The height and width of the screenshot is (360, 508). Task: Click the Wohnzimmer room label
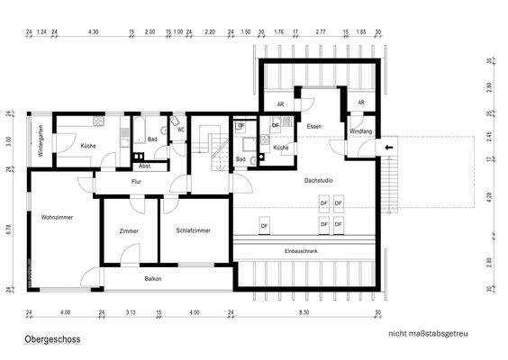(57, 218)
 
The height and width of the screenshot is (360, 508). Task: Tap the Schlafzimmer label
(194, 231)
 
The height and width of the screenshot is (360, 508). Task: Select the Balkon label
(153, 279)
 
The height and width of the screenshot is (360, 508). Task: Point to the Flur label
(137, 181)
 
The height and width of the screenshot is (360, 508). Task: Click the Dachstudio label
(320, 181)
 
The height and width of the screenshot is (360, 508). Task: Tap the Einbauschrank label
(301, 250)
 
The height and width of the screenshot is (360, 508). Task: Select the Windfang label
(361, 132)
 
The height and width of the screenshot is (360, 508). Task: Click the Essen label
(313, 127)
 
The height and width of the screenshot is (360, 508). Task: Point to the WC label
(180, 130)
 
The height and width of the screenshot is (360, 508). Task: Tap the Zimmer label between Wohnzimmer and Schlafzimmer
(129, 231)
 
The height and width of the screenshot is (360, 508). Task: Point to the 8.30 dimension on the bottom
(304, 311)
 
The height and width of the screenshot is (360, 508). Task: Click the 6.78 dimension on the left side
(8, 229)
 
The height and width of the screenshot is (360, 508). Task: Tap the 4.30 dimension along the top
(94, 31)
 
